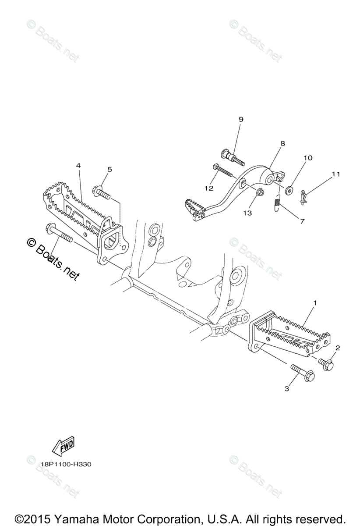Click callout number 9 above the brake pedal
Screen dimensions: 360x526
tap(241, 119)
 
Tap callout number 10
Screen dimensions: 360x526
tap(307, 158)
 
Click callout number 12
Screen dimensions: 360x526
tap(208, 188)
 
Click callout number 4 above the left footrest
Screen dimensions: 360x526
tap(78, 166)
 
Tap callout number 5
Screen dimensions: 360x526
tap(109, 169)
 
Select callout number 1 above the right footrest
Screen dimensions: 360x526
tap(315, 303)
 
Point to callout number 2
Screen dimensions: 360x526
tap(337, 348)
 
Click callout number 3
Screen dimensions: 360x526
tap(287, 388)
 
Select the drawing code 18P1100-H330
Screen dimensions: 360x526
tap(67, 464)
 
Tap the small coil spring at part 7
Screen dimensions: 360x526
tap(276, 204)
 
